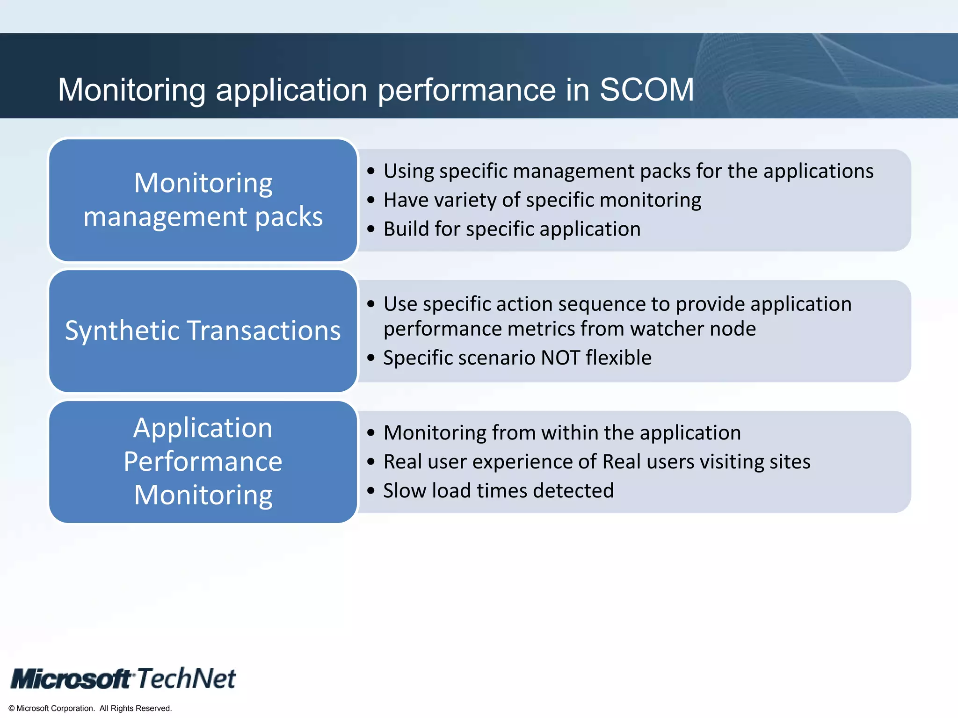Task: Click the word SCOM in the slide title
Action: click(x=646, y=89)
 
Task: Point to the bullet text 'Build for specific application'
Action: click(x=512, y=229)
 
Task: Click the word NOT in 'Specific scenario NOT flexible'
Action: click(x=560, y=358)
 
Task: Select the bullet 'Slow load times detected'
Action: click(x=498, y=490)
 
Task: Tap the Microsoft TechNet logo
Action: click(x=123, y=679)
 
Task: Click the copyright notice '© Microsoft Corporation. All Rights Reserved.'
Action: click(x=90, y=708)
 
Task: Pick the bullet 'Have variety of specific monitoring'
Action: click(x=542, y=200)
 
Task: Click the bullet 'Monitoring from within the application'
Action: click(x=562, y=432)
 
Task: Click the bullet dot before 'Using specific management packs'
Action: click(x=371, y=171)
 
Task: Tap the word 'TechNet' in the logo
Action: click(x=186, y=678)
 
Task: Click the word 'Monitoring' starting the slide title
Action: click(x=131, y=90)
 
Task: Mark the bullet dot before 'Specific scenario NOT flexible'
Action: click(x=371, y=358)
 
